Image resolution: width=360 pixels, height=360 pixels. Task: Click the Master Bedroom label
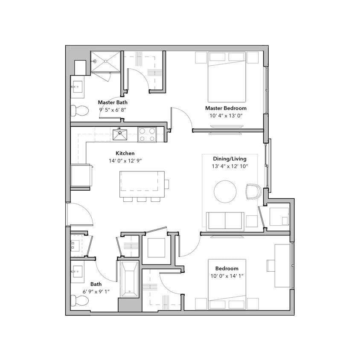point(226,108)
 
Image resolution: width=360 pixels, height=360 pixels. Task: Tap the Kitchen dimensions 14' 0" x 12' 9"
point(125,161)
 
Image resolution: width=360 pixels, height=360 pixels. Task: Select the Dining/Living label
point(230,159)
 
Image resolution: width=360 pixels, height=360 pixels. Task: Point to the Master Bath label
point(113,102)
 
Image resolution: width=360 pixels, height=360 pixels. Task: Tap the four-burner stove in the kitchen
point(147,135)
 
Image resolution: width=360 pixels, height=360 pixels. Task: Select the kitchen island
point(142,184)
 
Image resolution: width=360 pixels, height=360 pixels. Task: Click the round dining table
point(225,192)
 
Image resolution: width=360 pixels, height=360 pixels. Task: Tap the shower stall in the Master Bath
point(106,62)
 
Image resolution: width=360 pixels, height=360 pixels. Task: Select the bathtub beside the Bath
point(129,280)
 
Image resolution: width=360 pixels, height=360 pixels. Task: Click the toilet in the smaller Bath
point(79,301)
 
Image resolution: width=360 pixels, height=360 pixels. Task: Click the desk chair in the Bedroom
point(271,265)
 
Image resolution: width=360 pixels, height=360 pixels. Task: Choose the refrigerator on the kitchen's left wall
point(81,175)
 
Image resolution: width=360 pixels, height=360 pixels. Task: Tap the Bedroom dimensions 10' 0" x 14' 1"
point(226,276)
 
